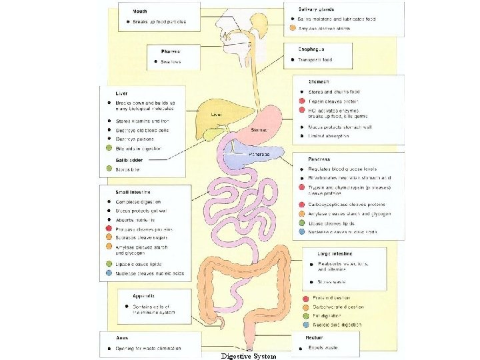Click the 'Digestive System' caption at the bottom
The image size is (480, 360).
pos(248,355)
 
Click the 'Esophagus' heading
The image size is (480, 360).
pos(312,49)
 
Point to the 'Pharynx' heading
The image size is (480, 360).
pos(171,51)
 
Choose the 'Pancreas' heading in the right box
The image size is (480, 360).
pos(319,159)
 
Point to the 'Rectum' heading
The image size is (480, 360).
pos(315,338)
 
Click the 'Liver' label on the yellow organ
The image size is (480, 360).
pos(216,115)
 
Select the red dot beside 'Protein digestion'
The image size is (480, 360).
pos(305,298)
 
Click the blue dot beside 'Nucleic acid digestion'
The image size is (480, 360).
pos(305,325)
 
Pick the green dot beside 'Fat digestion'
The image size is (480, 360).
pos(305,316)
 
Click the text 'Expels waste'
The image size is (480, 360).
pos(324,348)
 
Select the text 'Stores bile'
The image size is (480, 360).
pos(127,170)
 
